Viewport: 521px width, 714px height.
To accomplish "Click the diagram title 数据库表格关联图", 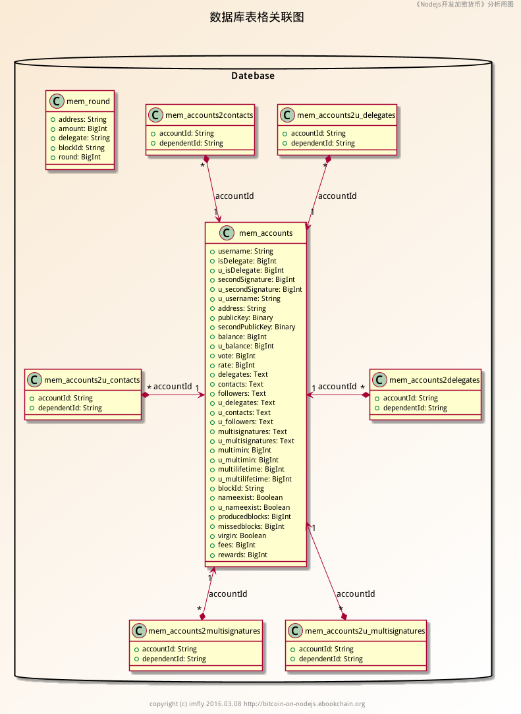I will pyautogui.click(x=257, y=18).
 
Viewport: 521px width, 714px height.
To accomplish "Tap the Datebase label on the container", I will pyautogui.click(x=253, y=76).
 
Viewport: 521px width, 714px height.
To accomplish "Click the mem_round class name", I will pyautogui.click(x=88, y=101).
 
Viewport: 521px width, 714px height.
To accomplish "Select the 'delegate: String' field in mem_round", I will pyautogui.click(x=84, y=138).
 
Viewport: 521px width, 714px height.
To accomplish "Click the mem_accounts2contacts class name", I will pyautogui.click(x=209, y=115).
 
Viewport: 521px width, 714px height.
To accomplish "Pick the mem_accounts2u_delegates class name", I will pyautogui.click(x=346, y=115).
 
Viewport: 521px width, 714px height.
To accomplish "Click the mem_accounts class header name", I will pyautogui.click(x=266, y=233).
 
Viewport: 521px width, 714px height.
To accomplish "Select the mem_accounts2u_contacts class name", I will pyautogui.click(x=92, y=380).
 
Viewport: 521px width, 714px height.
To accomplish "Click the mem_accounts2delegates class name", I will pyautogui.click(x=435, y=380).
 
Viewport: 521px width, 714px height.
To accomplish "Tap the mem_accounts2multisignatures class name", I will pyautogui.click(x=204, y=631).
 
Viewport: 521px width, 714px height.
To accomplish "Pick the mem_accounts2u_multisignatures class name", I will pyautogui.click(x=364, y=631).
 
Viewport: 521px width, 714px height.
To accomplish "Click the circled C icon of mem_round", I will pyautogui.click(x=57, y=101).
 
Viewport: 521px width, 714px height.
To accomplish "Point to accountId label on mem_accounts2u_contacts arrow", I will pyautogui.click(x=173, y=387).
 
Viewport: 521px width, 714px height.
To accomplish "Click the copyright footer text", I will pyautogui.click(x=257, y=703).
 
